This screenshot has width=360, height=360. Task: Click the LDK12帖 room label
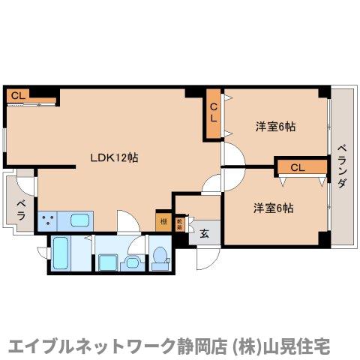pyautogui.click(x=113, y=157)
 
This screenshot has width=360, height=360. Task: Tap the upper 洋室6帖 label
pyautogui.click(x=274, y=127)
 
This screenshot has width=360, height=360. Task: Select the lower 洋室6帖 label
pyautogui.click(x=272, y=208)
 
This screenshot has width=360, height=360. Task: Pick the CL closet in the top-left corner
pyautogui.click(x=18, y=95)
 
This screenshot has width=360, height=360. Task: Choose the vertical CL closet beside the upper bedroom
pyautogui.click(x=214, y=113)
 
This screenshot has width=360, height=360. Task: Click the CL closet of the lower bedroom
pyautogui.click(x=298, y=166)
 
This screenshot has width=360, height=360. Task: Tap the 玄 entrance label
pyautogui.click(x=204, y=232)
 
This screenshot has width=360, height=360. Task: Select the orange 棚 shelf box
pyautogui.click(x=163, y=222)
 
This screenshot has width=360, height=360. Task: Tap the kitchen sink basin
pyautogui.click(x=79, y=220)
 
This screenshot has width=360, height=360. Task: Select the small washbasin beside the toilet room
pyautogui.click(x=133, y=262)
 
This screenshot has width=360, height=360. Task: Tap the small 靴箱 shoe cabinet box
pyautogui.click(x=180, y=223)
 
